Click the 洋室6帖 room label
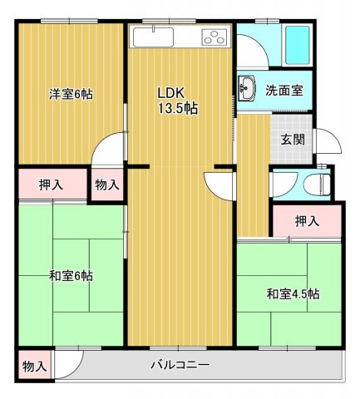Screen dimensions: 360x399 (x=71, y=95)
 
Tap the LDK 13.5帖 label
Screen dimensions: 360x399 (x=177, y=101)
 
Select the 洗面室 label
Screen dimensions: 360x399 (x=284, y=91)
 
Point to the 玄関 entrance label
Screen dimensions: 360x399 (x=293, y=140)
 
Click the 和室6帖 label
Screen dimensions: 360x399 (x=71, y=276)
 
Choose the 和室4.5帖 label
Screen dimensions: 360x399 (x=293, y=294)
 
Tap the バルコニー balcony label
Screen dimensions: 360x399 (x=180, y=364)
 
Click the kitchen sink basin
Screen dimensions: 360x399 (x=153, y=37)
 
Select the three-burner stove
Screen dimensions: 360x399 (x=215, y=37)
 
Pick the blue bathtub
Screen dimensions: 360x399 (x=298, y=45)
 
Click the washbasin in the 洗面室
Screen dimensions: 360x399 (x=246, y=86)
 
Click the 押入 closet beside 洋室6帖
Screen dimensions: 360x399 (x=52, y=184)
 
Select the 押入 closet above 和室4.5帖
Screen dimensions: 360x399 (x=307, y=221)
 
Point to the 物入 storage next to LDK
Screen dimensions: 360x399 (x=107, y=185)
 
